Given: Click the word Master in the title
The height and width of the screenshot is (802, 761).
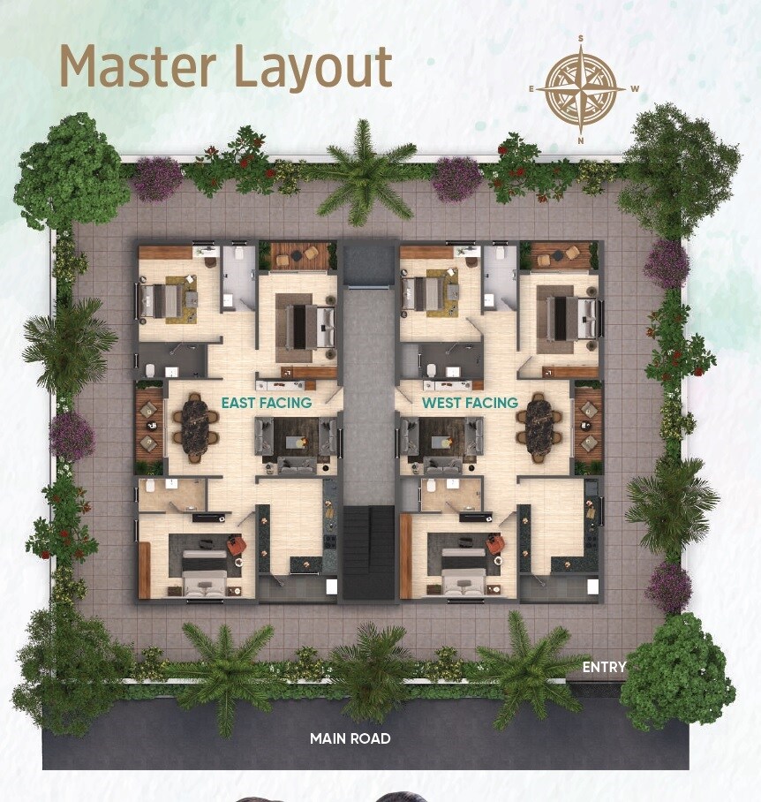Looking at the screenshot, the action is (x=138, y=65).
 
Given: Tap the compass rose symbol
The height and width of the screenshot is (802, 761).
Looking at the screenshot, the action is (x=581, y=89).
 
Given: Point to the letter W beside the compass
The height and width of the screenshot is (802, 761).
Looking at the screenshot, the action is (x=635, y=88).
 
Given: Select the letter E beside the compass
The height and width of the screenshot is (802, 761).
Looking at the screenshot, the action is (x=531, y=89).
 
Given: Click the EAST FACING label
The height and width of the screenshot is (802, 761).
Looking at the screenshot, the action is (x=267, y=403).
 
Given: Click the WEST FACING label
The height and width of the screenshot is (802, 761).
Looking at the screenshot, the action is (x=471, y=403).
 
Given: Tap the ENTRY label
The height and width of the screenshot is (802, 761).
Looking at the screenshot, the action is (x=604, y=667).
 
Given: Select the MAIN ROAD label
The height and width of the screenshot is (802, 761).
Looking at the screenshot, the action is (x=350, y=738).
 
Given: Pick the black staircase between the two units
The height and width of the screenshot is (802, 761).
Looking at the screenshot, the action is (x=368, y=552).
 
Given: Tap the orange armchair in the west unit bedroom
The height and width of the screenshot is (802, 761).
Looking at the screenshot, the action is (x=494, y=544).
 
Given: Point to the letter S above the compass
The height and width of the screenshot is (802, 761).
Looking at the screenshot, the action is (x=581, y=38).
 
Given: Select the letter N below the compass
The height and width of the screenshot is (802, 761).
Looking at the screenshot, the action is (x=581, y=140).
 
